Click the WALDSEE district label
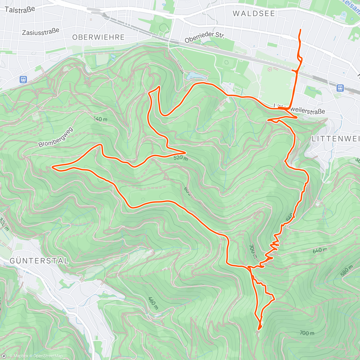coord(254,13)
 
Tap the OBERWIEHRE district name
coord(98,37)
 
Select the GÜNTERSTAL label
coord(39,261)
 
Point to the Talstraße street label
coord(20,10)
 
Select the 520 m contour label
coord(180,158)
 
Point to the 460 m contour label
coord(153,303)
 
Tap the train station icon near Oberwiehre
coord(23,80)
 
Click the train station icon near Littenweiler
coord(340,88)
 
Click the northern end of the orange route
coord(301,29)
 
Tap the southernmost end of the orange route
coord(258,329)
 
